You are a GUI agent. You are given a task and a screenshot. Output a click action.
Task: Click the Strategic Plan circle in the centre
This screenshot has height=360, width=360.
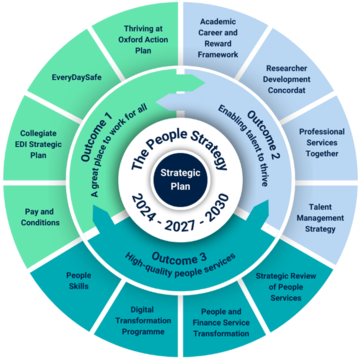point(180,179)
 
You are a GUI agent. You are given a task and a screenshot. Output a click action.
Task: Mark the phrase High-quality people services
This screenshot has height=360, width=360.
point(181,262)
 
